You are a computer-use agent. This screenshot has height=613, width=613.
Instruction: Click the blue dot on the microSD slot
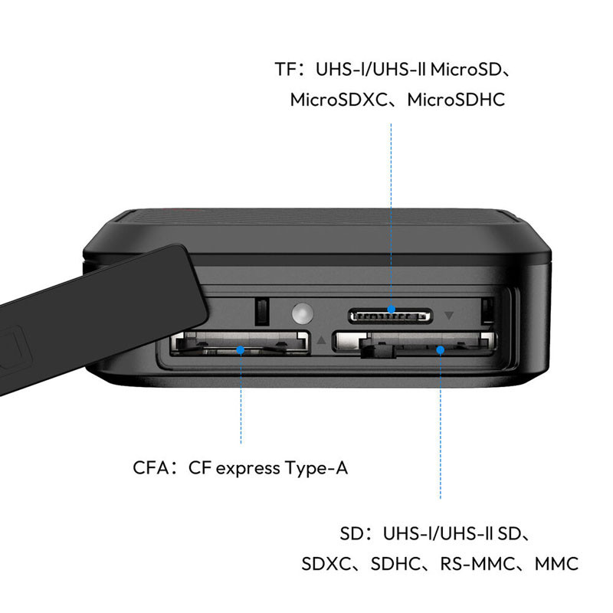[x=391, y=310]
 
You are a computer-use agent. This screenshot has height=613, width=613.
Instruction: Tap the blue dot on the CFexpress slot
[x=241, y=350]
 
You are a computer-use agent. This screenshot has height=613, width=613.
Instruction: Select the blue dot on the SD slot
[x=440, y=350]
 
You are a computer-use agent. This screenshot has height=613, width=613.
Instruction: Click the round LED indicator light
[x=302, y=313]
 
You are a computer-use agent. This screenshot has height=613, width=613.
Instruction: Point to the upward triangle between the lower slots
[x=321, y=339]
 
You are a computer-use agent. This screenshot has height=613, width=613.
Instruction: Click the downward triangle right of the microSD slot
[x=449, y=315]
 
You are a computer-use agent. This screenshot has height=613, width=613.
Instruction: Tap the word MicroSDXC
[x=339, y=100]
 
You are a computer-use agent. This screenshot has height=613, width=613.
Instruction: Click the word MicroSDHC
[x=456, y=100]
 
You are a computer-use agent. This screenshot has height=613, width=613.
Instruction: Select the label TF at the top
[x=286, y=69]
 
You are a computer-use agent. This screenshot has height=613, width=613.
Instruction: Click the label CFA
[x=150, y=467]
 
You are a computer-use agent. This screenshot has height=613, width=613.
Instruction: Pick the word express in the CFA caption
[x=247, y=469]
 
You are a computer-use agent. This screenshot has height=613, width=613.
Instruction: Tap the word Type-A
[x=316, y=468]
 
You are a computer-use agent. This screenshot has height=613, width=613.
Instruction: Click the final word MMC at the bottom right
[x=556, y=564]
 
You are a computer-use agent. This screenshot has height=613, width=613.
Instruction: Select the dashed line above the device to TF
[x=391, y=215]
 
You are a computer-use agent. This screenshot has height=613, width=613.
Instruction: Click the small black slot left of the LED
[x=262, y=312]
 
